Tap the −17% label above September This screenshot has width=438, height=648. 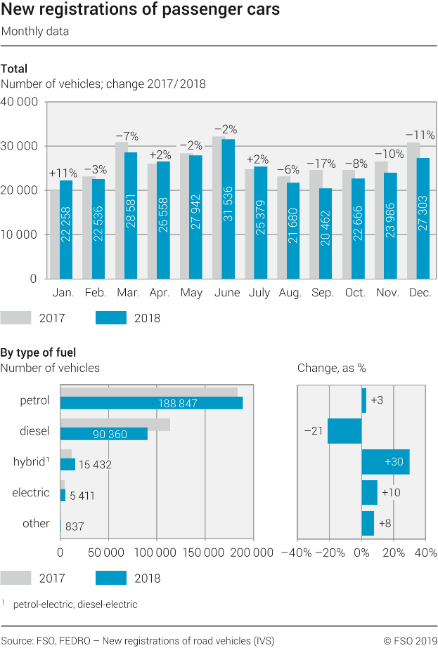coord(323,161)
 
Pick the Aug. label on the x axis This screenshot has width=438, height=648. coord(290,293)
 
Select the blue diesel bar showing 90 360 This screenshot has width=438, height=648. coord(104,434)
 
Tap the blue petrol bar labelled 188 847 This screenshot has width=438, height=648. coord(151,403)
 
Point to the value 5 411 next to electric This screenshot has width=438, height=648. coord(82,496)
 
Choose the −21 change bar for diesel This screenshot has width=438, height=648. coord(344,431)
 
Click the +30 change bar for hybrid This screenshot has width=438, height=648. coord(385,462)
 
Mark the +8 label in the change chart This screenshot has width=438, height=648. coord(385,524)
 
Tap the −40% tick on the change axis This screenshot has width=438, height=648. coord(296,553)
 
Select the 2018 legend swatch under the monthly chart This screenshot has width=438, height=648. coord(110,318)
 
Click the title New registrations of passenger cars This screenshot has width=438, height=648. coord(141,11)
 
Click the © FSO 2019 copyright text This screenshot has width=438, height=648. coord(410,640)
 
